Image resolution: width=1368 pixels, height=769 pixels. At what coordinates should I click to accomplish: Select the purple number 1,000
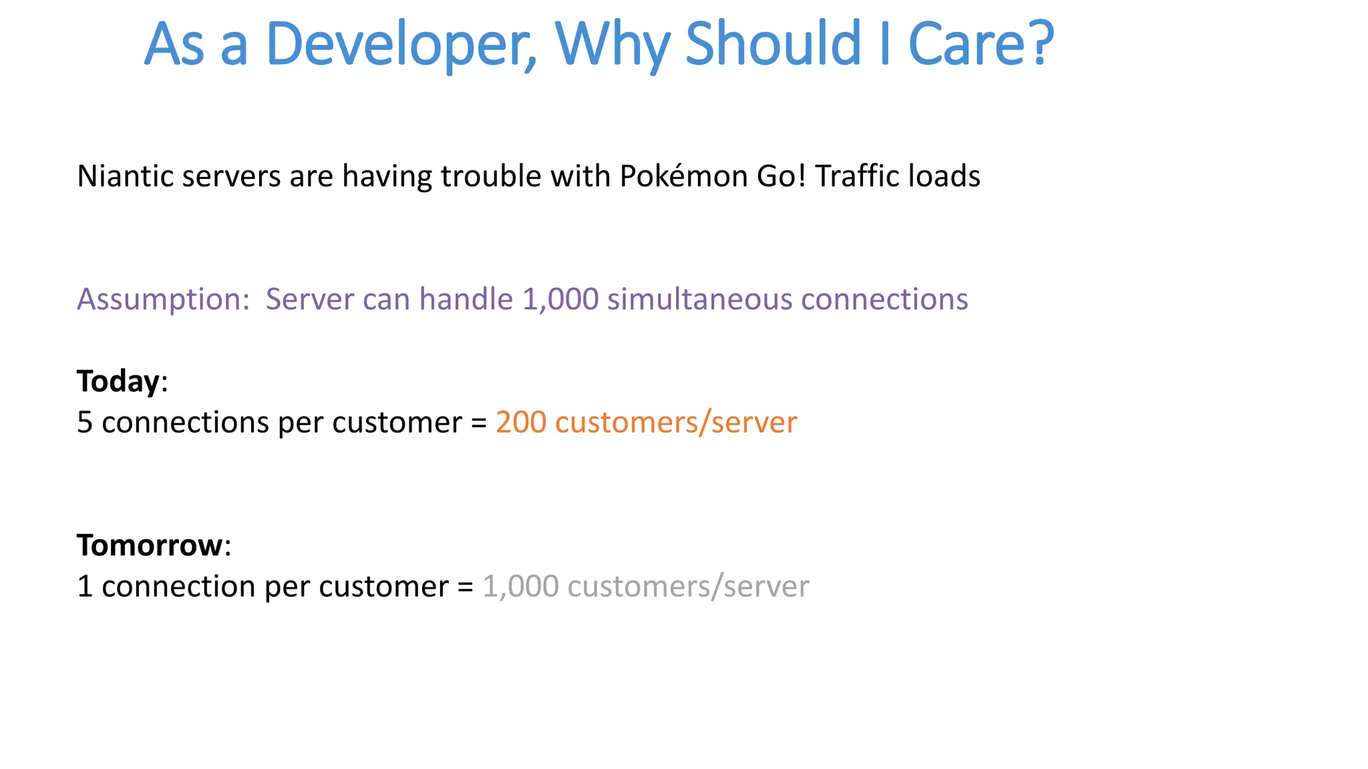560,300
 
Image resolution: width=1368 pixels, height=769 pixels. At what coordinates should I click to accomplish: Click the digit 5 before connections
85,423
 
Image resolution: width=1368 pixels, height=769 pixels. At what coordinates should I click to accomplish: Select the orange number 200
521,423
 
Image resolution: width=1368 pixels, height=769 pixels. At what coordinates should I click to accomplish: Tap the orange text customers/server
676,423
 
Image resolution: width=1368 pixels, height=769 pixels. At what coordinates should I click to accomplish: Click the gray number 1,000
520,587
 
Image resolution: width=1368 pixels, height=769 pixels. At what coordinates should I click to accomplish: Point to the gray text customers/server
688,587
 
